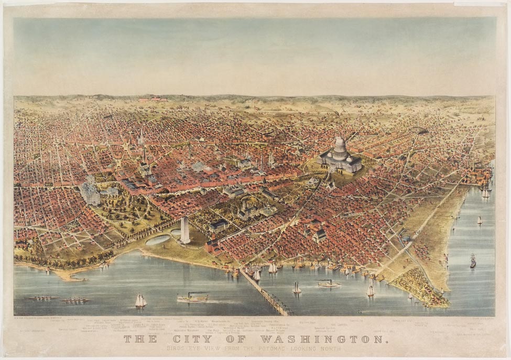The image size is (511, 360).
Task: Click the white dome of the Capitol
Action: click(340, 146)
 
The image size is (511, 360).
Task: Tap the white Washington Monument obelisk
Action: click(184, 230)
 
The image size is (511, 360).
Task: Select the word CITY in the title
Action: click(192, 339)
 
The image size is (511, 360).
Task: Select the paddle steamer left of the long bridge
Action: click(192, 298)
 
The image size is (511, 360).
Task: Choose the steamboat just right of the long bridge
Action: click(329, 283)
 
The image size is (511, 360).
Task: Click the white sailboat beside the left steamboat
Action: click(140, 301)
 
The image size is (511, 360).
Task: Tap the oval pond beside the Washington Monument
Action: click(158, 240)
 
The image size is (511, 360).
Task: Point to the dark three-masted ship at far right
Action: click(473, 260)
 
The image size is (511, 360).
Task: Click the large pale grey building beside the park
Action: click(90, 192)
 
